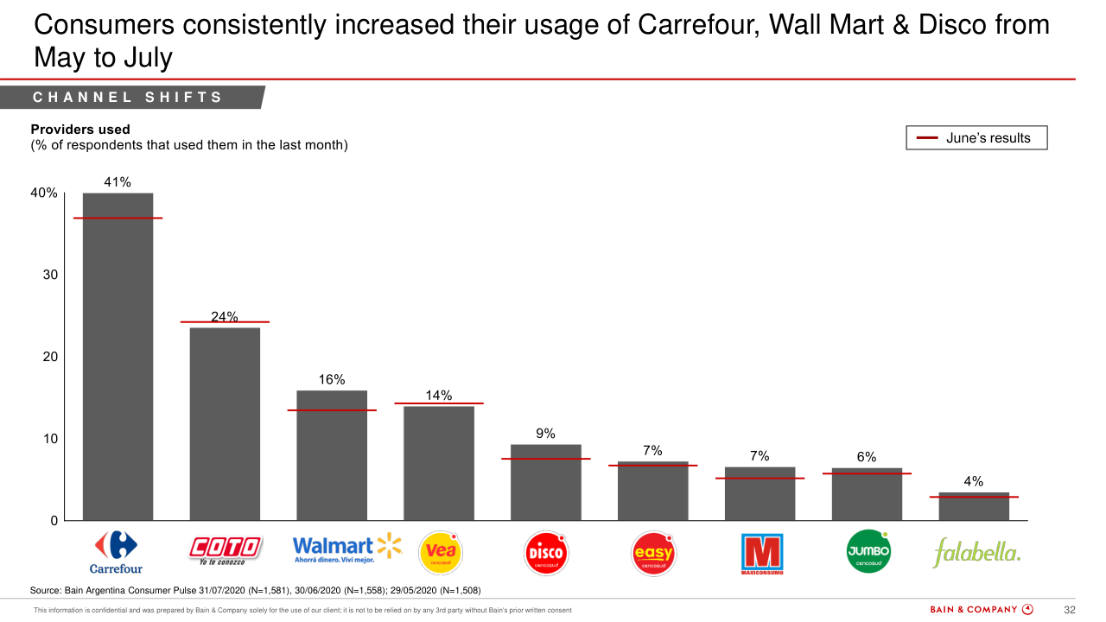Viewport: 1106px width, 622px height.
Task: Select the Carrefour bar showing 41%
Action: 118,356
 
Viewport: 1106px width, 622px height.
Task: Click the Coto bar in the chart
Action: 225,423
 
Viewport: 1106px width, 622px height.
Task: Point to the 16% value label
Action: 332,379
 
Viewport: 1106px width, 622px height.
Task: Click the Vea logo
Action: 439,550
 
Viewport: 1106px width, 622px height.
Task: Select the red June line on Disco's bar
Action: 546,459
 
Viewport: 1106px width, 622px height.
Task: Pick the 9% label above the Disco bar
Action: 545,434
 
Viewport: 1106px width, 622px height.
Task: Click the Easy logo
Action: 653,551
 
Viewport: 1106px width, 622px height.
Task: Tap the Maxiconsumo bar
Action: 760,494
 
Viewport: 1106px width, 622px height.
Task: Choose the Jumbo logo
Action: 868,551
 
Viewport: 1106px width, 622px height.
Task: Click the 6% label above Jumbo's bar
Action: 867,457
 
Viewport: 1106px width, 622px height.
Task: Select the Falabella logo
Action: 976,552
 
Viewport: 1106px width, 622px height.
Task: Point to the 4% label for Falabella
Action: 974,482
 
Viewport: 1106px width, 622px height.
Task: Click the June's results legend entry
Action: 976,138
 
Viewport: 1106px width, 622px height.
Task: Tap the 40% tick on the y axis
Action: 44,194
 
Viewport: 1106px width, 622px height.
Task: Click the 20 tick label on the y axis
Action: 50,357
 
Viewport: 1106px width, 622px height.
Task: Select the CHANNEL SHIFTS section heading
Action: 128,98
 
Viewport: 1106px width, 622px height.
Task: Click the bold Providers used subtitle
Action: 80,130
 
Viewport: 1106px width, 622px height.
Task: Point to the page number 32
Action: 1069,610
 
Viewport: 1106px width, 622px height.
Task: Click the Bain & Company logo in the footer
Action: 982,610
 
